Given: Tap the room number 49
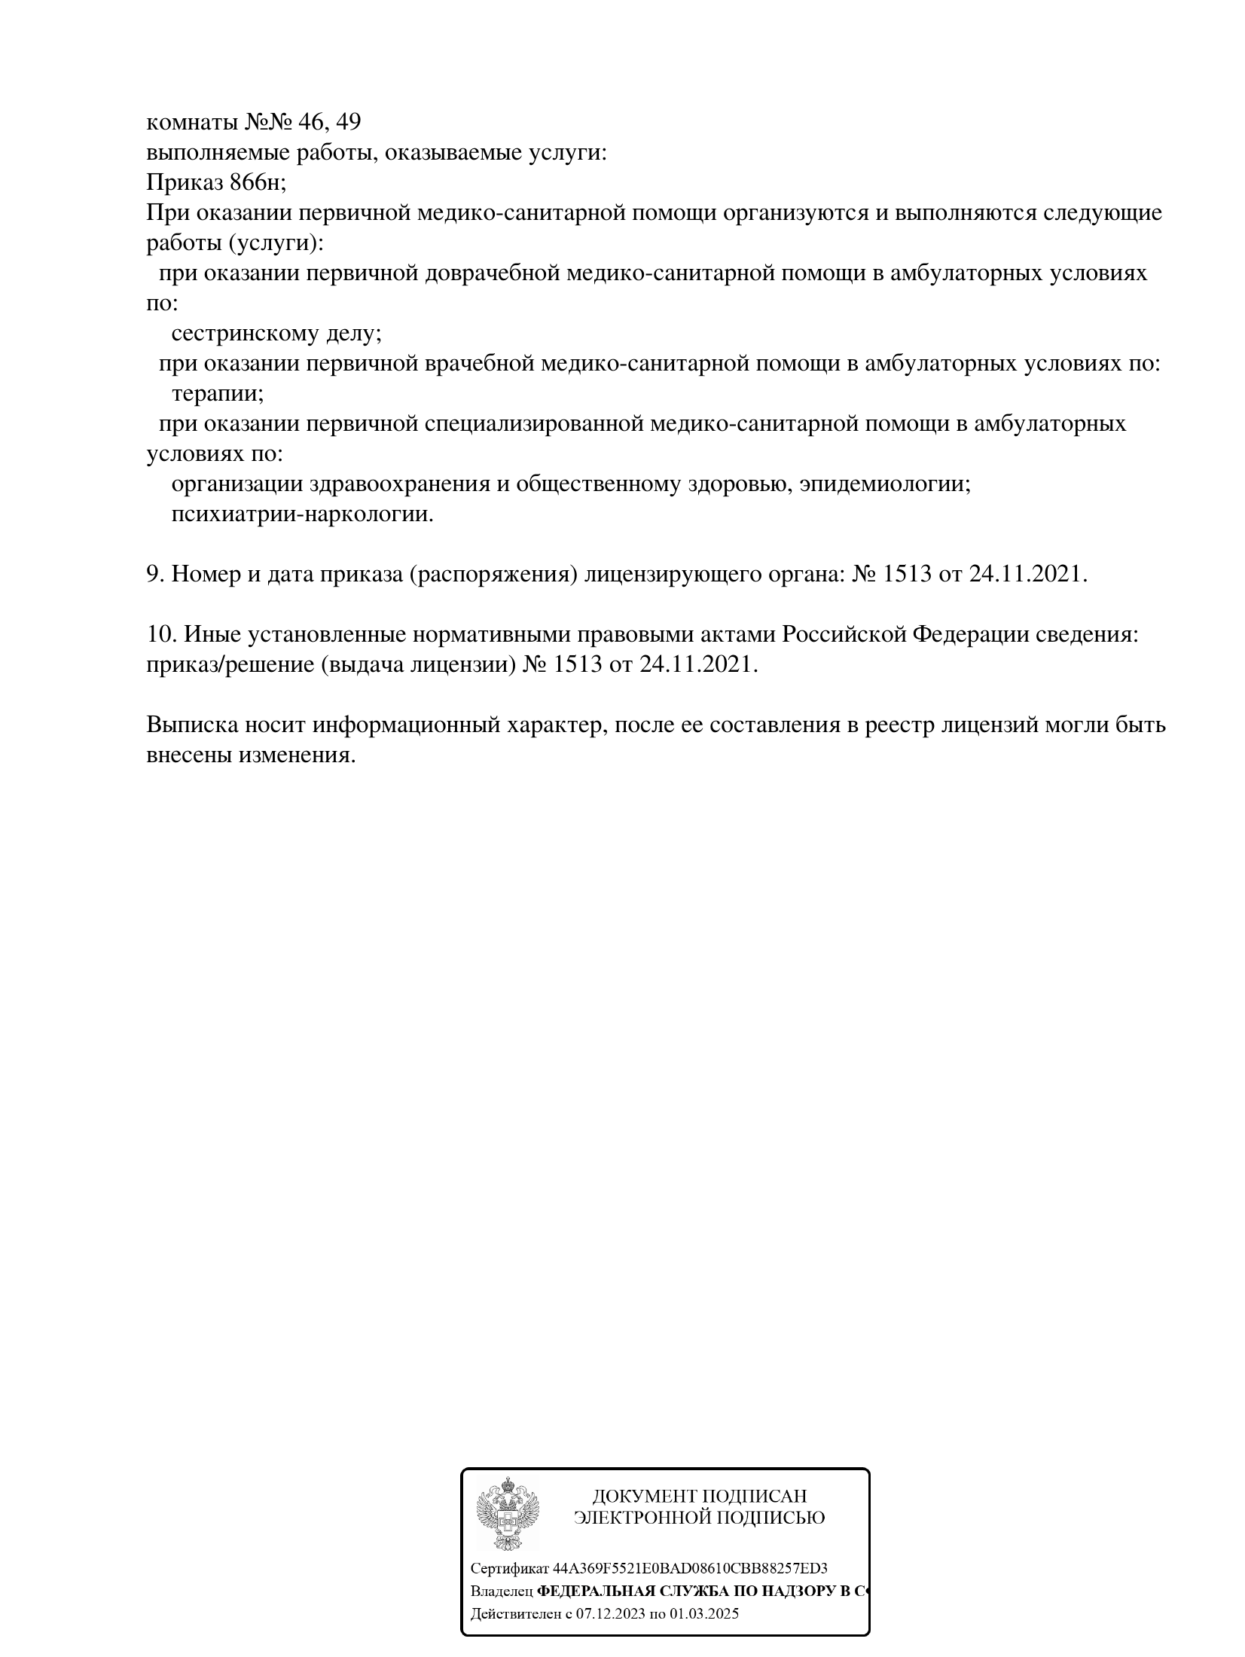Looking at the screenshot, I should pos(349,121).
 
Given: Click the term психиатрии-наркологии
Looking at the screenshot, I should pos(302,514).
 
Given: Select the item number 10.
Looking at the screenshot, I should pos(161,634).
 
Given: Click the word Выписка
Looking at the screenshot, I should pos(192,725).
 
